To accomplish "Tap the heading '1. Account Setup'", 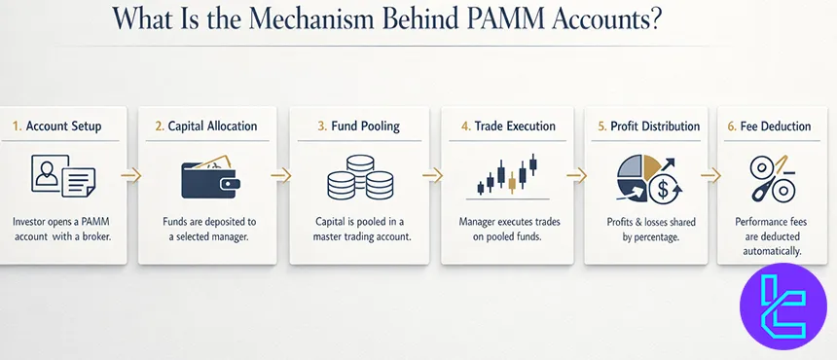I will (x=57, y=126).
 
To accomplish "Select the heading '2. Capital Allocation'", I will (x=207, y=126).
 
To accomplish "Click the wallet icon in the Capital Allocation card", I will (x=209, y=177).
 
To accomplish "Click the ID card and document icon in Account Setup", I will (x=60, y=178).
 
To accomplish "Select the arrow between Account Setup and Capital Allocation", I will (x=131, y=176).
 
